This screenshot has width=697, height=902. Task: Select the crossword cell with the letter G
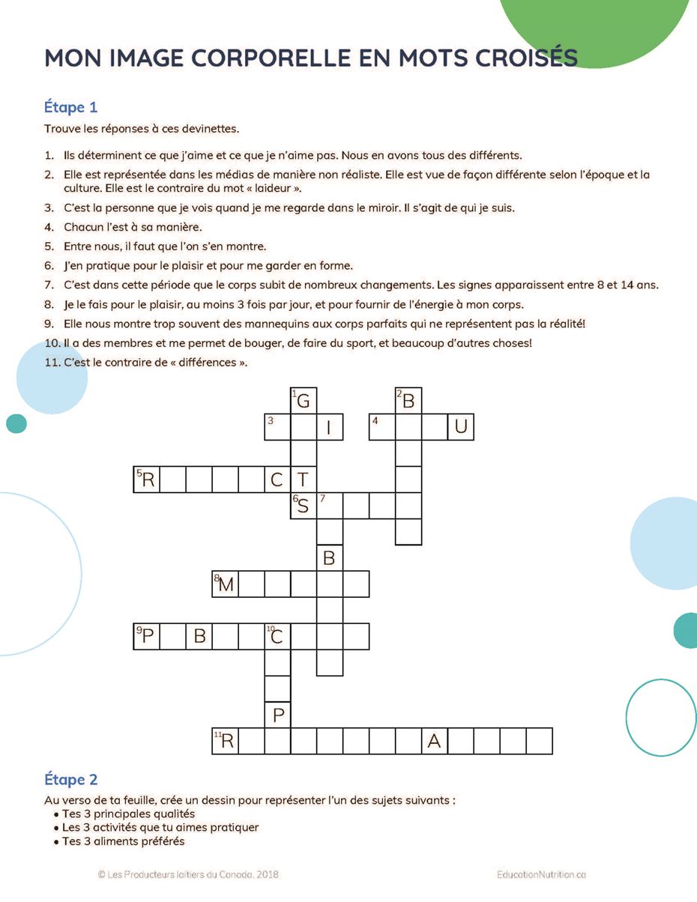(304, 401)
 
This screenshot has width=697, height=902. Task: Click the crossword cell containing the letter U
(461, 427)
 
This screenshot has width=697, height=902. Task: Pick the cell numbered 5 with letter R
(147, 479)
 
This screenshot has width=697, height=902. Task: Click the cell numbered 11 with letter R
(226, 741)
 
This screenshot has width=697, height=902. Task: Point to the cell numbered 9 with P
(147, 636)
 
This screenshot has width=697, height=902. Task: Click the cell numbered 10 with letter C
(277, 636)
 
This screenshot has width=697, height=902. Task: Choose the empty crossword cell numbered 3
(277, 427)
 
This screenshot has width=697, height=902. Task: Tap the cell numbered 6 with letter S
(304, 506)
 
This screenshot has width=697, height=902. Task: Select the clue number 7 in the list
(49, 285)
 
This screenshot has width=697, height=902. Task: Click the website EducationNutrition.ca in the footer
(541, 874)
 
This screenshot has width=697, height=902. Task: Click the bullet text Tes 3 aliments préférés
(123, 841)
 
